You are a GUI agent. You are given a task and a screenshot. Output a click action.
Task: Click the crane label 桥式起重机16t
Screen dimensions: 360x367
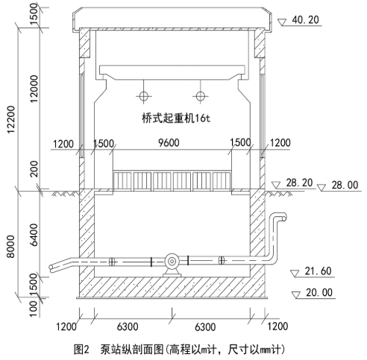pyautogui.click(x=173, y=118)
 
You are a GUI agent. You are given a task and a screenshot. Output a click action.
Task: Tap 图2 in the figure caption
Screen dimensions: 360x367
pyautogui.click(x=83, y=348)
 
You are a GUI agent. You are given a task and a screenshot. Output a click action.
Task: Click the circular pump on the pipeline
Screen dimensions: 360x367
pyautogui.click(x=172, y=261)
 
